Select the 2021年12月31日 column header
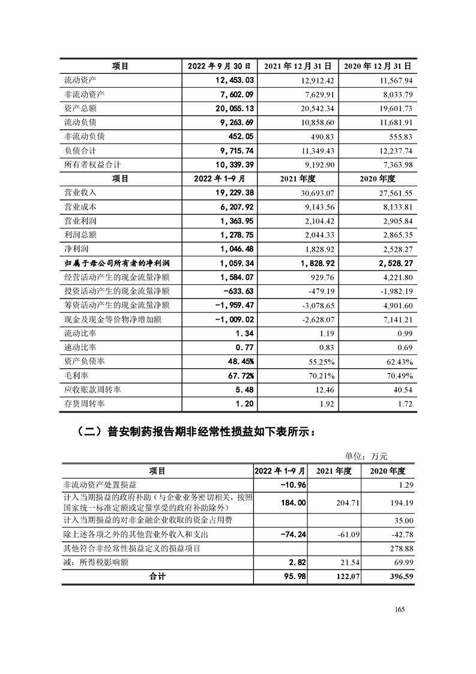(299, 65)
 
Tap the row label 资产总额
(80, 108)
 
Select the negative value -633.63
(238, 291)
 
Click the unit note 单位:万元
(366, 457)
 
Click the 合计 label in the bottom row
(157, 576)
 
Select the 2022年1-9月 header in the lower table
(280, 471)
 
